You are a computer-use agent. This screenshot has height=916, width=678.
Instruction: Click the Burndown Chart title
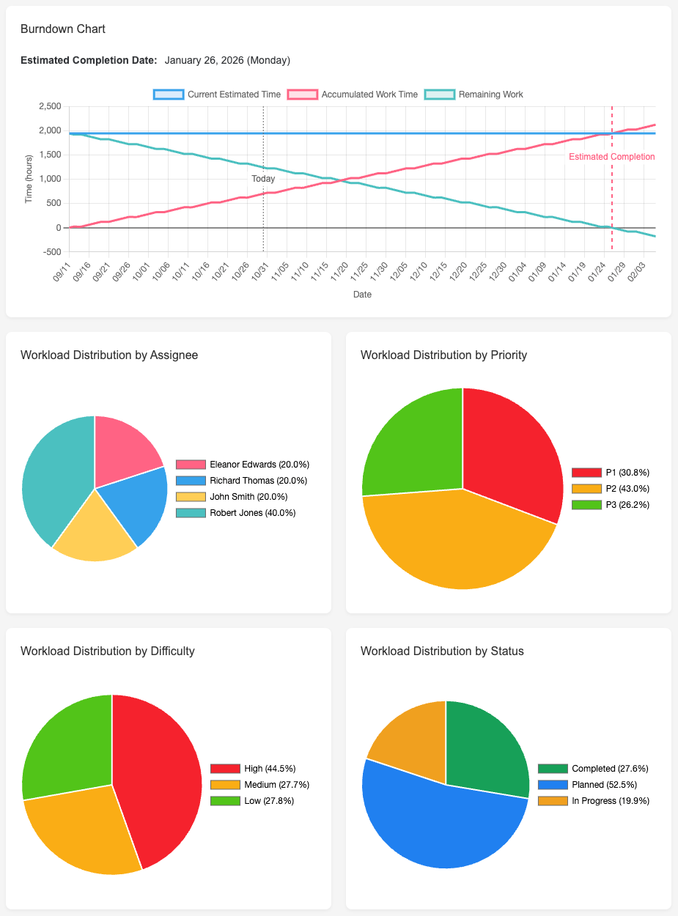tap(63, 29)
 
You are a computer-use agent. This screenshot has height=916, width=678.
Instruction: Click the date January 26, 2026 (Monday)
tap(227, 60)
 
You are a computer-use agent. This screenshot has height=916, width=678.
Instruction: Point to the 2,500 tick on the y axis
tap(49, 106)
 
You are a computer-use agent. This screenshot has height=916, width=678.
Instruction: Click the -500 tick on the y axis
tap(51, 251)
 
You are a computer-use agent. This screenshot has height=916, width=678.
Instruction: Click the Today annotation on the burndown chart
tap(263, 179)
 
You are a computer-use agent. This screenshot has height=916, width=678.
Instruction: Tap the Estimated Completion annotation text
tap(611, 157)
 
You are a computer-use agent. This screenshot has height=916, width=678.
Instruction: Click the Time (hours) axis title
tap(29, 179)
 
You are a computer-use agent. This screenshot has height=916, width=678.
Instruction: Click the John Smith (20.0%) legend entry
tap(242, 497)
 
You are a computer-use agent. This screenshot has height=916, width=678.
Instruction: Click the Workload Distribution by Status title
tap(442, 651)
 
